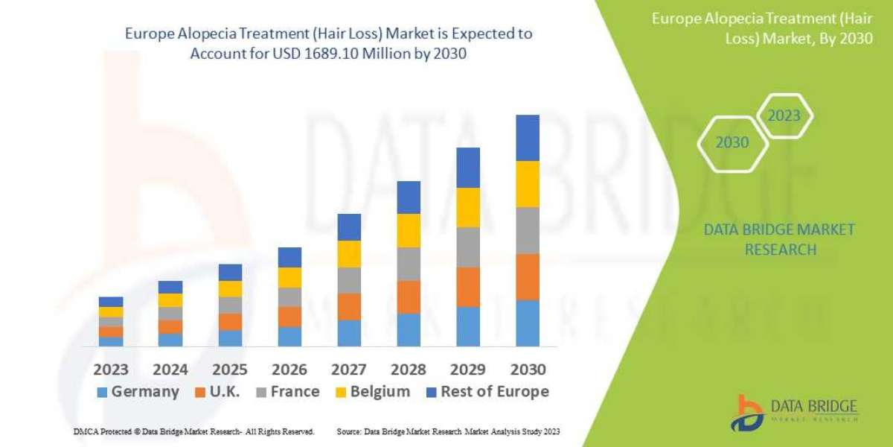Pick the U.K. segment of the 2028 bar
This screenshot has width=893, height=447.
point(409,297)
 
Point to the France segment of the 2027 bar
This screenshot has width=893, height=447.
point(349,280)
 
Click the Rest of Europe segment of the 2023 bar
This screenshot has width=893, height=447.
point(111,302)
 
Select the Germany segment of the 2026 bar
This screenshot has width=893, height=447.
point(289,337)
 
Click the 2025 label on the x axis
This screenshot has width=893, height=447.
point(230,370)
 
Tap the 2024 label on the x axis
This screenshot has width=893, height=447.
point(170,370)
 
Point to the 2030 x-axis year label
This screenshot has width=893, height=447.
point(528,370)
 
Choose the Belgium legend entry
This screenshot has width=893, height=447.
point(372,392)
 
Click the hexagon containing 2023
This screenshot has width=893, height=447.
point(784,116)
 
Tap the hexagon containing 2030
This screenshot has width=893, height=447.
point(732,142)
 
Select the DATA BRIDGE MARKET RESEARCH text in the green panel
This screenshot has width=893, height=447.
point(779,239)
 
